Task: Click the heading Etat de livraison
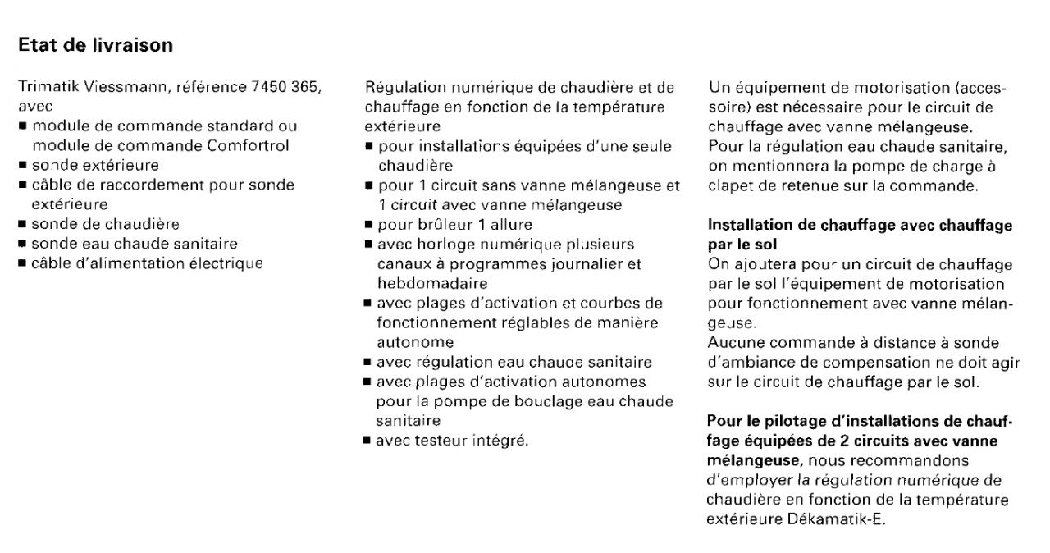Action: (95, 46)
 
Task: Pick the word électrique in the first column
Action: (222, 263)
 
